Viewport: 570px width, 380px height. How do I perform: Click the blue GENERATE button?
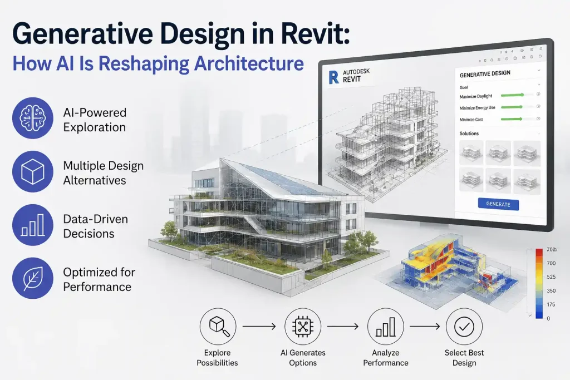(498, 204)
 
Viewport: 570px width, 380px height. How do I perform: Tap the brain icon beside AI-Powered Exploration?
(33, 118)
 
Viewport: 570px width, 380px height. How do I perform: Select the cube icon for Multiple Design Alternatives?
(33, 171)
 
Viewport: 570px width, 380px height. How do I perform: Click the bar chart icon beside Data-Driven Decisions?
(33, 225)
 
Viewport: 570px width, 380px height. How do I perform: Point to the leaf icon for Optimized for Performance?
(33, 278)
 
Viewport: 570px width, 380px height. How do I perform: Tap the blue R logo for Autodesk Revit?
(333, 77)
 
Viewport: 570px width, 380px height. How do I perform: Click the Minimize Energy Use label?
(477, 108)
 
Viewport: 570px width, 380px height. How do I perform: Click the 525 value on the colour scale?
(551, 277)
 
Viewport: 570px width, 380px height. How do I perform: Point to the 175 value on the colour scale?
(551, 304)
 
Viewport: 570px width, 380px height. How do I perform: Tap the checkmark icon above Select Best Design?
(464, 327)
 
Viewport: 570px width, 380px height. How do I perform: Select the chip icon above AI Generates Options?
(303, 327)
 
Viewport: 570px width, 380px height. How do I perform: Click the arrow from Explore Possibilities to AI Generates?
(259, 327)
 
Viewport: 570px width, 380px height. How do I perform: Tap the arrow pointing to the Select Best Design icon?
(425, 327)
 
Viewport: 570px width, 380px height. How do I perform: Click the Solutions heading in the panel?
(469, 134)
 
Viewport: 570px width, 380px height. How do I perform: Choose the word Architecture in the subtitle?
(249, 63)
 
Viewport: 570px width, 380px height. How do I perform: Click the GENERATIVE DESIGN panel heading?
(485, 74)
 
